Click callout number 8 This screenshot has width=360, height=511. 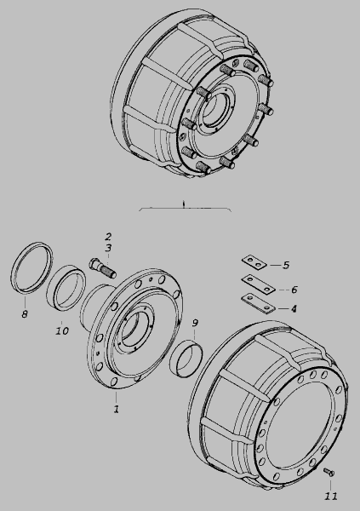[x=25, y=314]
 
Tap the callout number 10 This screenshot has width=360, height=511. [x=62, y=330]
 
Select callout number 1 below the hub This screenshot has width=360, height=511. [x=117, y=409]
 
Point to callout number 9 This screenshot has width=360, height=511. [x=195, y=323]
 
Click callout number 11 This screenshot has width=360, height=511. [x=331, y=496]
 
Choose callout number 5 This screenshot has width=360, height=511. [x=286, y=265]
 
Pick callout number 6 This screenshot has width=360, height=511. [x=294, y=290]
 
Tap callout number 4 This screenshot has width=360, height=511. [x=294, y=308]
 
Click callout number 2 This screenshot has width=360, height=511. [x=108, y=237]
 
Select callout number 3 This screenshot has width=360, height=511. [x=108, y=248]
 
